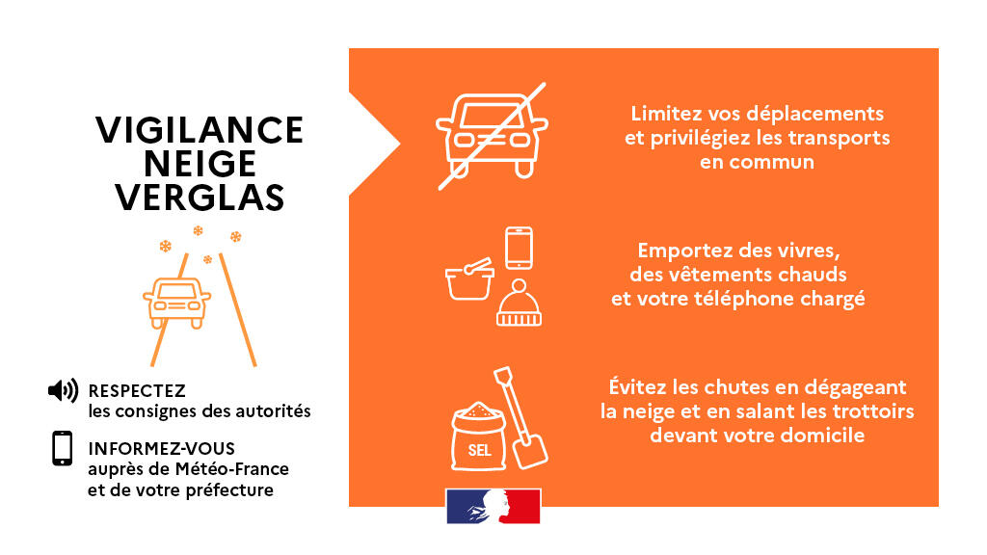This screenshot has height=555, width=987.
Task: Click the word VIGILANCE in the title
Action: pyautogui.click(x=200, y=130)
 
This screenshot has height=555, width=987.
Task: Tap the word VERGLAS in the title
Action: pyautogui.click(x=200, y=197)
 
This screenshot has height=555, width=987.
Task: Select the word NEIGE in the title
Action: pyautogui.click(x=200, y=164)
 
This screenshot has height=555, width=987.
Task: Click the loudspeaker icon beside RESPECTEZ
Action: pyautogui.click(x=63, y=390)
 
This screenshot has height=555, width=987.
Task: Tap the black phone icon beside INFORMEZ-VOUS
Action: pyautogui.click(x=63, y=448)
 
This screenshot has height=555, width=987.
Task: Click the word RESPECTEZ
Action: pyautogui.click(x=137, y=391)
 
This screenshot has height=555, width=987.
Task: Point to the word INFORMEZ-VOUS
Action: pyautogui.click(x=162, y=449)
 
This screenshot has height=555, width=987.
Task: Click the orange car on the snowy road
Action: pyautogui.click(x=177, y=303)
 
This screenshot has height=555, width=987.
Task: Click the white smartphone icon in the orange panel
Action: pyautogui.click(x=520, y=248)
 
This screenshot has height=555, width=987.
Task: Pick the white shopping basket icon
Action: pyautogui.click(x=469, y=279)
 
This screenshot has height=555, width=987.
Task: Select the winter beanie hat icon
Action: pyautogui.click(x=519, y=304)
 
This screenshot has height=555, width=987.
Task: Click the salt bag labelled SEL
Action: pyautogui.click(x=479, y=436)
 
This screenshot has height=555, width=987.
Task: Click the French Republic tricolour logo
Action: pyautogui.click(x=493, y=506)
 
